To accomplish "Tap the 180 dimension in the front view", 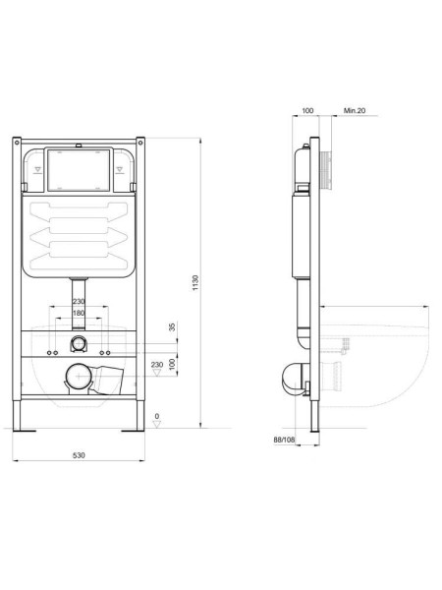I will pos(79,313).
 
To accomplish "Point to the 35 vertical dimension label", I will pos(172,326).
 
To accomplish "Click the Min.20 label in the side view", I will pos(356,112).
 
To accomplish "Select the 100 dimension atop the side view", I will pos(308,112).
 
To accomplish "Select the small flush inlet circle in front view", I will pos(79,345).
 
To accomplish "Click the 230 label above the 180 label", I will pos(79,301).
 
